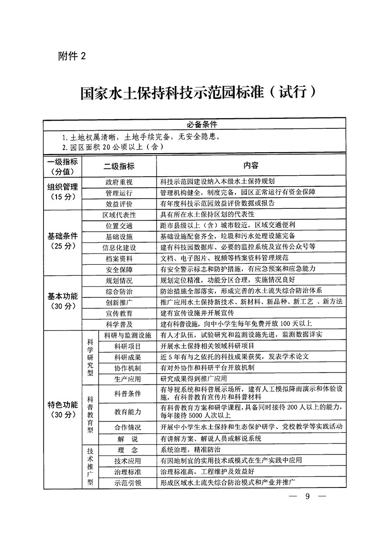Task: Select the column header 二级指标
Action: (119, 166)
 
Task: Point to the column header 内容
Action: (250, 166)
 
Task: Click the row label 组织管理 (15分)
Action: (63, 192)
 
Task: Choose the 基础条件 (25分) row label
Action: (63, 241)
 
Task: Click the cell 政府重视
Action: (119, 182)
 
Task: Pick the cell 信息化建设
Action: (119, 248)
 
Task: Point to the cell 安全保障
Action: (119, 269)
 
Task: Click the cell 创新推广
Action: (119, 302)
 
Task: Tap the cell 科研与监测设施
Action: (127, 335)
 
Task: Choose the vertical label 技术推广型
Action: (90, 467)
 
